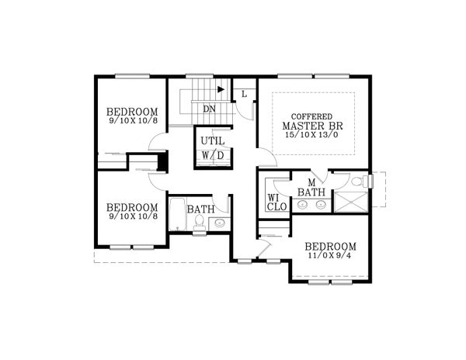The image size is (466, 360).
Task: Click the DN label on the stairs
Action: [209, 109]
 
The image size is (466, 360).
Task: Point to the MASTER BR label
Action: [313, 126]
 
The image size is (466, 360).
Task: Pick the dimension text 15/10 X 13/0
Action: [313, 137]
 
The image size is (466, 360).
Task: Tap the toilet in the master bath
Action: [357, 182]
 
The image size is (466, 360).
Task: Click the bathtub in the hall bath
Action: [176, 216]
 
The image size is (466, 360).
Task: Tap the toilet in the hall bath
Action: [200, 223]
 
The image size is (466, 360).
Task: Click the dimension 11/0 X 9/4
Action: [330, 255]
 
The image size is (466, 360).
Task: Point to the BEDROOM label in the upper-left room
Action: [132, 111]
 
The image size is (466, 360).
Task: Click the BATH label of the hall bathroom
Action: [200, 209]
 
